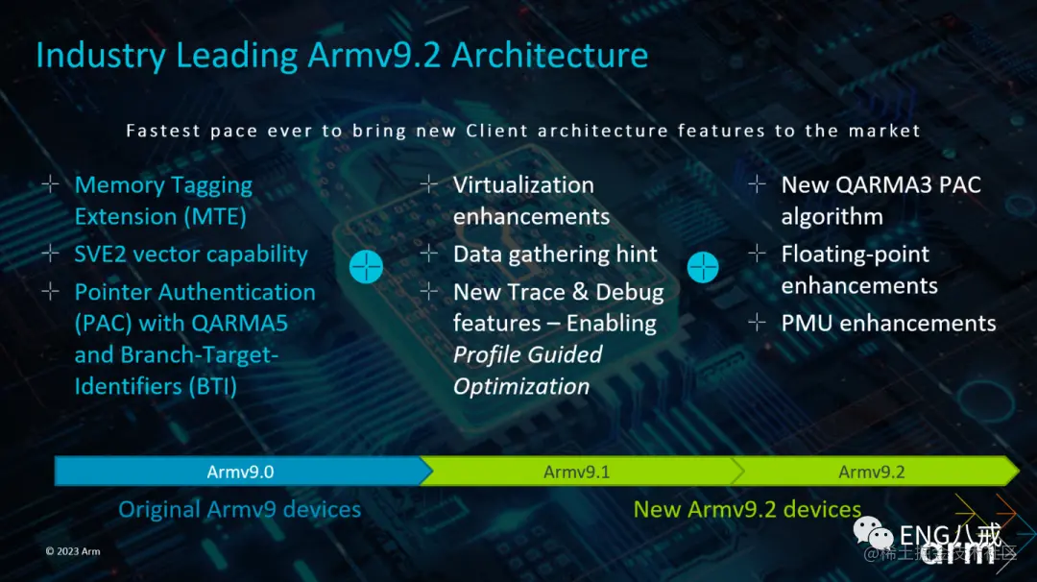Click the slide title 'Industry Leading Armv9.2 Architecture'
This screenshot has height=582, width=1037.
342,56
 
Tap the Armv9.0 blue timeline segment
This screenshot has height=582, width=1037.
240,472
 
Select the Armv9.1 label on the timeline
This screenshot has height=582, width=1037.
576,472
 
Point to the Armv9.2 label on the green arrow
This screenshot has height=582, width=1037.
872,472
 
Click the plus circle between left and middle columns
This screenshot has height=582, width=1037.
366,267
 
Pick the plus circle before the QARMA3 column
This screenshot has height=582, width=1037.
704,267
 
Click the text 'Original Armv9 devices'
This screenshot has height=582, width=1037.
239,509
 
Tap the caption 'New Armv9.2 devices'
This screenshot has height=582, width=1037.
747,509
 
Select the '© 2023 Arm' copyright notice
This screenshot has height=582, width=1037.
73,551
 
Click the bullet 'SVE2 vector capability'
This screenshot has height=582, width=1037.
191,255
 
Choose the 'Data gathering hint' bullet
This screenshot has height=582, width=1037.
555,255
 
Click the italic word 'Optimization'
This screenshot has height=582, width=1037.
521,387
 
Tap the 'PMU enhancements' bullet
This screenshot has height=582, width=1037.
888,324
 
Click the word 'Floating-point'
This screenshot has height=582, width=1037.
855,255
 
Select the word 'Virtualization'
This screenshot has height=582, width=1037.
523,185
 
